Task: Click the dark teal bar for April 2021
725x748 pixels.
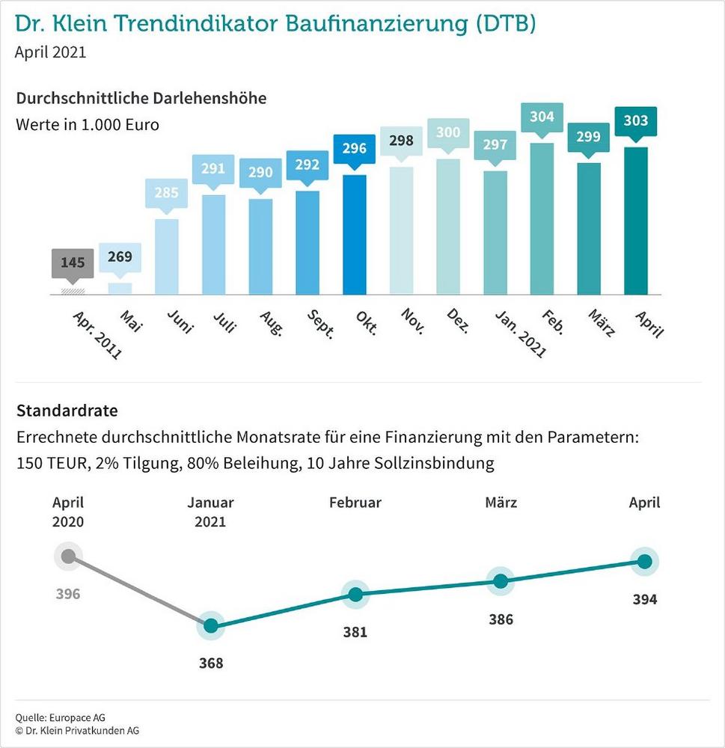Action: (635, 221)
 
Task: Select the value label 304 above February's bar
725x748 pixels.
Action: (542, 117)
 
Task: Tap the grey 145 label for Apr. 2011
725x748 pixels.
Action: (73, 263)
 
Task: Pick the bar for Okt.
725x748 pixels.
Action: (354, 235)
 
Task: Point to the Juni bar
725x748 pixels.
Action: (166, 257)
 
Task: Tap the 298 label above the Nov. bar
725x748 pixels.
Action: (401, 141)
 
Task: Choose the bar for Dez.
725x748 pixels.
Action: (447, 227)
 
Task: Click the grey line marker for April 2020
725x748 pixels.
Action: (68, 556)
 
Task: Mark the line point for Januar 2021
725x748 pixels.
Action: (211, 626)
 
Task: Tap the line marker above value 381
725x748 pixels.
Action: (355, 595)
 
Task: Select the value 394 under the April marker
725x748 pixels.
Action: (643, 599)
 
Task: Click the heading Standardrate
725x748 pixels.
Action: (67, 411)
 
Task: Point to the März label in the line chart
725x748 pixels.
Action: (501, 503)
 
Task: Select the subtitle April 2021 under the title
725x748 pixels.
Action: (50, 52)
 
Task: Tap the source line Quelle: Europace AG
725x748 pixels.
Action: (61, 717)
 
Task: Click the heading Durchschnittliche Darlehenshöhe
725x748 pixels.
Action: (141, 99)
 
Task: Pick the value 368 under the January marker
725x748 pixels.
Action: (211, 663)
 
